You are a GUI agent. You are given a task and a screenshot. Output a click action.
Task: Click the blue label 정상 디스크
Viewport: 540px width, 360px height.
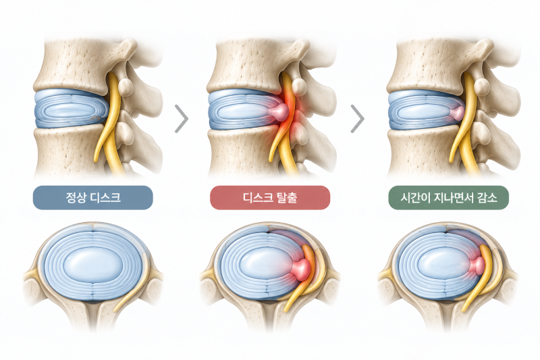tap(93, 197)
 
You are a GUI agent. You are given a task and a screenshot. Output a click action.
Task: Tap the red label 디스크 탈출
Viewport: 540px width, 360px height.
tap(270, 197)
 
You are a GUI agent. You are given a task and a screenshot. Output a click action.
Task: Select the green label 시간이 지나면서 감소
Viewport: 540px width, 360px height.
tap(449, 197)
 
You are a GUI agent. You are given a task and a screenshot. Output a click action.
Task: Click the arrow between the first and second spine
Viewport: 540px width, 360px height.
tap(182, 119)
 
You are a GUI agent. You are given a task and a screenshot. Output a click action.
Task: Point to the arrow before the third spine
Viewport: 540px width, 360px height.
tap(358, 119)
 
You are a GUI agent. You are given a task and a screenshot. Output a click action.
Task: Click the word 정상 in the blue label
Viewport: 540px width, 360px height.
tap(76, 197)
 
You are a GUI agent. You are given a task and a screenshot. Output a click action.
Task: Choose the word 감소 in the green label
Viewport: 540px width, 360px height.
tap(487, 197)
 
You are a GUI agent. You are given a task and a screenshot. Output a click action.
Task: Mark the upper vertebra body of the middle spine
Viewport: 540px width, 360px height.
tap(244, 66)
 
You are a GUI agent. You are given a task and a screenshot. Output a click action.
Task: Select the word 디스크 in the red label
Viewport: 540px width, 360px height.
tap(258, 197)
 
